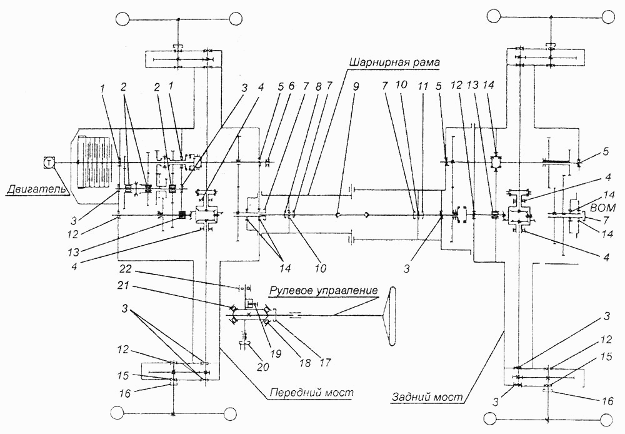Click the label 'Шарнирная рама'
pyautogui.click(x=394, y=63)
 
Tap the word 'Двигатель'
pyautogui.click(x=32, y=189)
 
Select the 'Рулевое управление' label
pyautogui.click(x=323, y=290)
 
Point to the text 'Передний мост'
pyautogui.click(x=311, y=393)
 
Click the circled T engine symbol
pyautogui.click(x=49, y=163)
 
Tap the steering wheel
pyautogui.click(x=389, y=316)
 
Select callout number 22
pyautogui.click(x=125, y=270)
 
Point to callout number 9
pyautogui.click(x=356, y=86)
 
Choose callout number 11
pyautogui.click(x=423, y=86)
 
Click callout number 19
pyautogui.click(x=276, y=353)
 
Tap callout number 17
pyautogui.click(x=325, y=363)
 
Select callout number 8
pyautogui.click(x=317, y=86)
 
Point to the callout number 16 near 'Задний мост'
pyautogui.click(x=607, y=400)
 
